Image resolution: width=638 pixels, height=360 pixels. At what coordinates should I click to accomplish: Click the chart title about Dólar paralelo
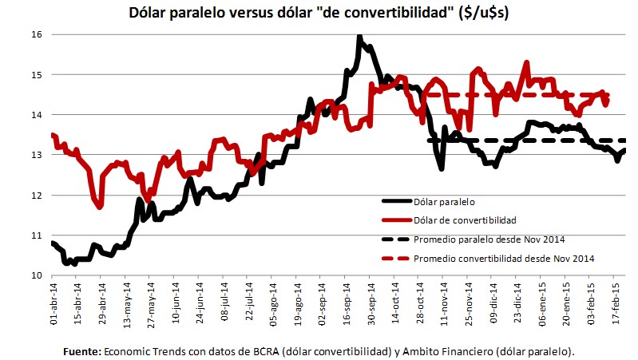[318, 13]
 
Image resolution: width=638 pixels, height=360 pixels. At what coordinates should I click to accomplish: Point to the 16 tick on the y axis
[36, 34]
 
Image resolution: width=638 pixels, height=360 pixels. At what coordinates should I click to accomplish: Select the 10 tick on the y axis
[36, 275]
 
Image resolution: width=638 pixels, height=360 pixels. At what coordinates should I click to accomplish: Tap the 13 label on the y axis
[36, 155]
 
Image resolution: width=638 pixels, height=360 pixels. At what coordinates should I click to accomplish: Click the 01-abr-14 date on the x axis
[53, 303]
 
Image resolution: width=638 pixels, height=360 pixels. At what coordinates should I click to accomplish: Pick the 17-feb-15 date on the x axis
[616, 303]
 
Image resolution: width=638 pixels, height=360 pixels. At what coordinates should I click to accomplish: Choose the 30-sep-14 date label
[371, 303]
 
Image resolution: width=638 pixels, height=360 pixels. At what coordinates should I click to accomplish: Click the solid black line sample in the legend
[397, 202]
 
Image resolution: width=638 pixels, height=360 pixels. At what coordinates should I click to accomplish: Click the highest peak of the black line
[360, 37]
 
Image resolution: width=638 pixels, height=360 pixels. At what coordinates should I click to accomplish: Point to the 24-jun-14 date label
[200, 303]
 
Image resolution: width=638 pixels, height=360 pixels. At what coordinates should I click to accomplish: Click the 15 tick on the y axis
[36, 74]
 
